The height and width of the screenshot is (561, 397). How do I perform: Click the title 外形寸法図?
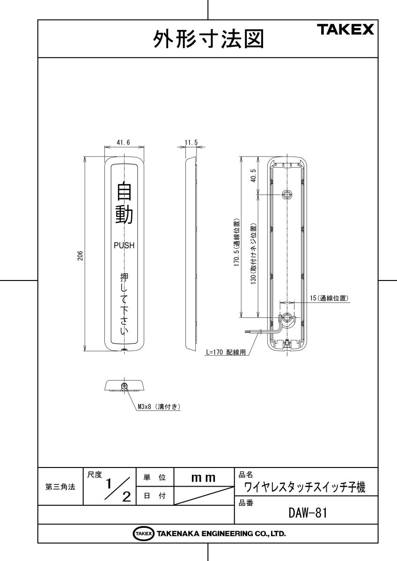[x=209, y=39]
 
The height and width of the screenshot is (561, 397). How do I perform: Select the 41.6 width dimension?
[x=123, y=143]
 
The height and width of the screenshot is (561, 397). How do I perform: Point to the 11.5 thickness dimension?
[x=191, y=143]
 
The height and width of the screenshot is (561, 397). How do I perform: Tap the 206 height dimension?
[x=80, y=255]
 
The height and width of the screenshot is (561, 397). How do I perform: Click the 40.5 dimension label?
[x=253, y=175]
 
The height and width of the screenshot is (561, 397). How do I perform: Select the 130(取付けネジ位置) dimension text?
[x=254, y=254]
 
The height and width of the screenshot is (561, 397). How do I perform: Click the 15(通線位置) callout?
[x=329, y=298]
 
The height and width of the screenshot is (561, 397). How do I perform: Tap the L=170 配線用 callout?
[x=226, y=352]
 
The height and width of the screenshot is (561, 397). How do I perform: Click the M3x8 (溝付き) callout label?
[x=159, y=407]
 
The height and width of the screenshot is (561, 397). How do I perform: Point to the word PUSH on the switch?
[x=124, y=245]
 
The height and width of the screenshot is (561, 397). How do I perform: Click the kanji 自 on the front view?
[x=124, y=191]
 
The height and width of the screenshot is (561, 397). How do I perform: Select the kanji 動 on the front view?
[x=124, y=215]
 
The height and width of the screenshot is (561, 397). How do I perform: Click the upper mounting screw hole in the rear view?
[x=287, y=194]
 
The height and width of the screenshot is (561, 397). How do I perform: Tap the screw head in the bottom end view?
[x=124, y=386]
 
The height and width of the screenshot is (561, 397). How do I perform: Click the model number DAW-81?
[x=308, y=513]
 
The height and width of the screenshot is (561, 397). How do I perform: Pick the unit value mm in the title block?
[x=203, y=478]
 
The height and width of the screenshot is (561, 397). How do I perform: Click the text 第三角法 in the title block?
[x=60, y=487]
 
